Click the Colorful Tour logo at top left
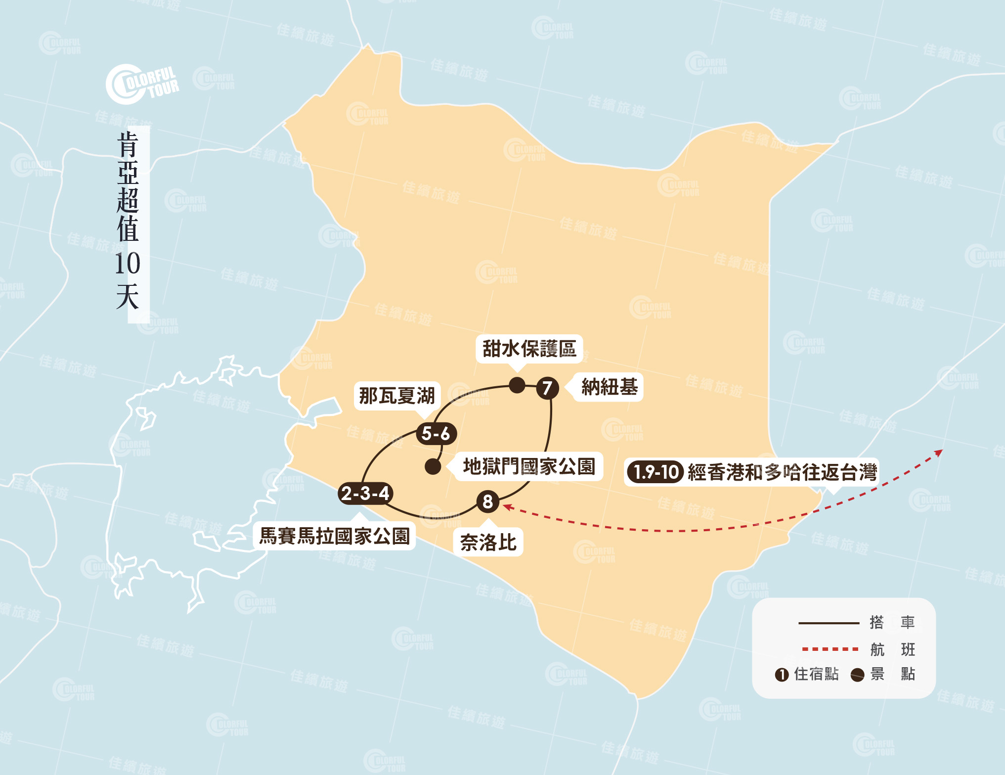142,84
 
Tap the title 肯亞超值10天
128,221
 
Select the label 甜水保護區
529,349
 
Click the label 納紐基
610,387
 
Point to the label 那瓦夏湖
396,396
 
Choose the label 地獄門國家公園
528,466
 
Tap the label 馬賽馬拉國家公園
335,536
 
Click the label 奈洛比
488,543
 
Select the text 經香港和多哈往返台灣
782,472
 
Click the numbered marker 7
547,388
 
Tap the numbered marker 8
488,501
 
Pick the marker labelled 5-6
436,434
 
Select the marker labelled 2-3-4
365,493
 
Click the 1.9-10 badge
655,472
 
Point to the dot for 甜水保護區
517,385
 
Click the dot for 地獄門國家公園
433,466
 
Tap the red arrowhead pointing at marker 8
506,506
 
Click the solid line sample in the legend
829,623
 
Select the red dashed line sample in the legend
830,649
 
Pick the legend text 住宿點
816,674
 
